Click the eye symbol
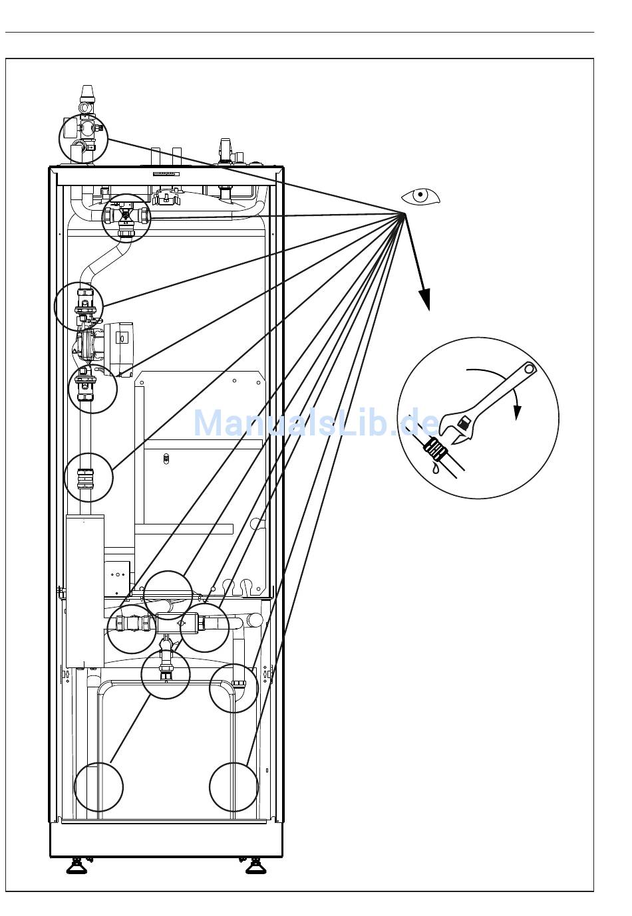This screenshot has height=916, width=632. (420, 197)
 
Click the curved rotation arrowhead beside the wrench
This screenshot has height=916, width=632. (516, 413)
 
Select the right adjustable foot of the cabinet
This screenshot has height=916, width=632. (254, 865)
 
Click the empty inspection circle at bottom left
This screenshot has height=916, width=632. (98, 787)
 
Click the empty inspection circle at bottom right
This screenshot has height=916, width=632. (234, 787)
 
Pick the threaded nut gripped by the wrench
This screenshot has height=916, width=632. (435, 449)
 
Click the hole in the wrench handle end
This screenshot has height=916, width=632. (530, 368)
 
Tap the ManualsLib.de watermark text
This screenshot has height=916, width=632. (316, 423)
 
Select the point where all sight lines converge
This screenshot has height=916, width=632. (404, 213)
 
